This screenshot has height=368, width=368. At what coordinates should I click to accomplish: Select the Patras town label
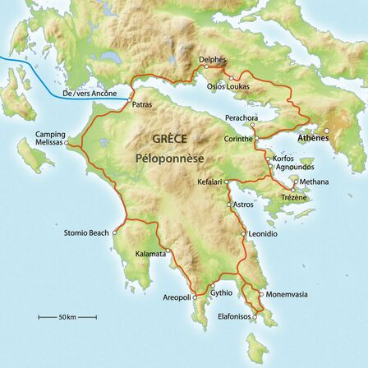[x=142, y=105]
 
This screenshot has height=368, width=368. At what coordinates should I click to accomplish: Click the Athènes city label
[x=313, y=138]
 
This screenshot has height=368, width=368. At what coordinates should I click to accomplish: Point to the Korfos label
[x=283, y=157]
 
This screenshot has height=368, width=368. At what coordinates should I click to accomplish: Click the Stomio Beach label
[x=86, y=233]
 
